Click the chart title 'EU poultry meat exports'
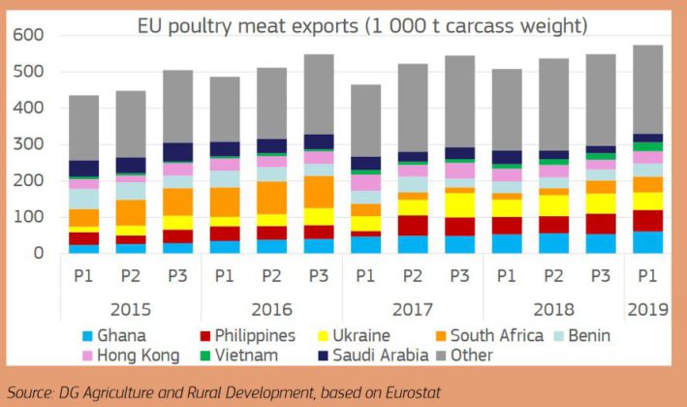point(247,26)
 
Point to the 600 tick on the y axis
point(28,35)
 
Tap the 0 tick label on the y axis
point(39,253)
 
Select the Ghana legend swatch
point(87,336)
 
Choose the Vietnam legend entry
point(239,356)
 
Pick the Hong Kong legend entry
point(132,356)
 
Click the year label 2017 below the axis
point(412,310)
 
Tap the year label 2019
point(647,310)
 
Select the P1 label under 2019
point(647,276)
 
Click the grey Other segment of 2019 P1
point(647,89)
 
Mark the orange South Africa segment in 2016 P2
point(271,198)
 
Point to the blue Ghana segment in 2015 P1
point(83,249)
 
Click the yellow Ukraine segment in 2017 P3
point(459,205)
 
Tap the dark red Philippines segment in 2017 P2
point(413,226)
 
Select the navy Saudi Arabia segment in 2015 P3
point(178,152)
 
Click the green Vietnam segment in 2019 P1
point(647,146)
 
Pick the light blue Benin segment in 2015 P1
point(83,199)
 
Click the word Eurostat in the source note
point(413,392)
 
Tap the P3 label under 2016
point(319,276)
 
